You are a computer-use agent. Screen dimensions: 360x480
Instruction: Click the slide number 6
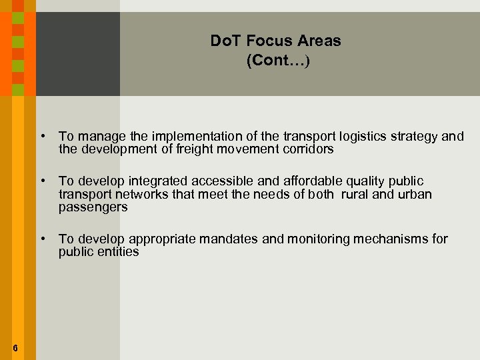pos(15,348)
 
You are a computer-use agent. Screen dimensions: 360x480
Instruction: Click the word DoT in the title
pos(224,41)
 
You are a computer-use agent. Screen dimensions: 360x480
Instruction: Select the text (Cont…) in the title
pos(278,61)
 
